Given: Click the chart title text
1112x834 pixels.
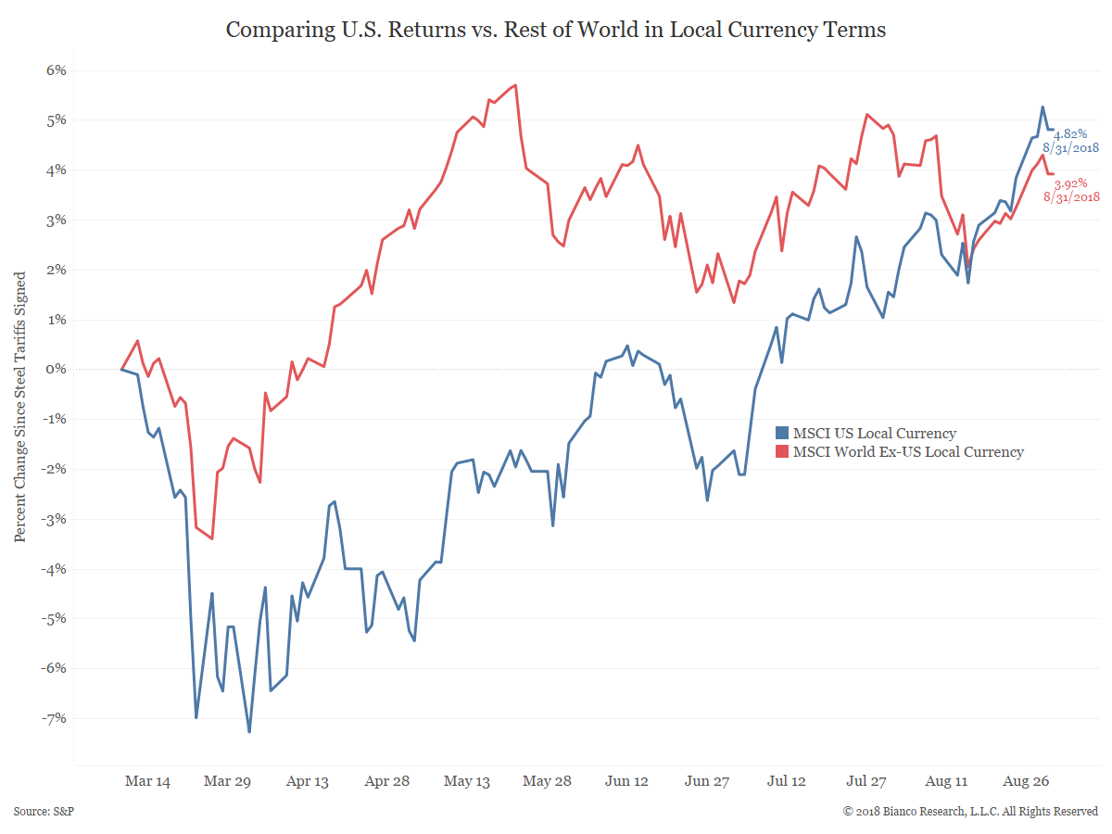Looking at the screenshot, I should [x=556, y=30].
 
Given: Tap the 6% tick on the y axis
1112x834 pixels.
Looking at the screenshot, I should [x=53, y=70].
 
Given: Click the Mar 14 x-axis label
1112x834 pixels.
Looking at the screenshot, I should [x=147, y=781].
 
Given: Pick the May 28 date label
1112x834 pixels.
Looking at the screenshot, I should [x=547, y=781].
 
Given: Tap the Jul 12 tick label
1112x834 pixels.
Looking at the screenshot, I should [x=786, y=781].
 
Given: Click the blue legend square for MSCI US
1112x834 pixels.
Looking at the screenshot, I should [x=782, y=433].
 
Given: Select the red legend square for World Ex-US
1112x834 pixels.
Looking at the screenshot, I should [x=782, y=451].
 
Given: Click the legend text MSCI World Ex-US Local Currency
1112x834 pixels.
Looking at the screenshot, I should [x=908, y=451].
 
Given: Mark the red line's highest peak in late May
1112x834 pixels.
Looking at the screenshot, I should [x=515, y=85].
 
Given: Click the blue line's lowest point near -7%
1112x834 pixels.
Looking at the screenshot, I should [x=249, y=732].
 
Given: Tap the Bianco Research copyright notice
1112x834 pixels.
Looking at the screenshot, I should [x=970, y=811].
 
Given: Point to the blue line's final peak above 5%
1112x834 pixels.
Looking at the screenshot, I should [x=1042, y=107].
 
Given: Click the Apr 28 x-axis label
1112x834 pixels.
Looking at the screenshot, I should [x=387, y=781].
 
